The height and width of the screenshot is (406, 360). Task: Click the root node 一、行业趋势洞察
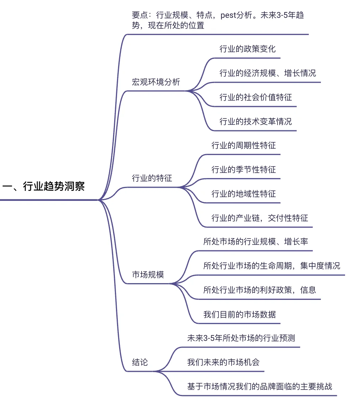[43, 186]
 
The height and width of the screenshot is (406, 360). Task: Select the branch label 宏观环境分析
[156, 82]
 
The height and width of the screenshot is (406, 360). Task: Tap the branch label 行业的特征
[152, 178]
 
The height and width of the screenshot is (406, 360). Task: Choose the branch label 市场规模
[148, 275]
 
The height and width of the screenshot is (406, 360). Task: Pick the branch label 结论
[140, 363]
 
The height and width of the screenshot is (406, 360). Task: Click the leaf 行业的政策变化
[247, 49]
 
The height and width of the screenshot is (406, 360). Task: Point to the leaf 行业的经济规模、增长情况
[268, 73]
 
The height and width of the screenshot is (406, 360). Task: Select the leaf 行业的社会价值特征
[255, 97]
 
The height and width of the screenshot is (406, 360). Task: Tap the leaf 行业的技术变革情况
[255, 121]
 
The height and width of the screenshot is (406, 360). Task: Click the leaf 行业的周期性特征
[243, 145]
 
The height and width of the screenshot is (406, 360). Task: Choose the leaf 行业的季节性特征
[243, 170]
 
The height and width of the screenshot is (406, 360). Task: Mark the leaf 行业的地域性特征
[243, 194]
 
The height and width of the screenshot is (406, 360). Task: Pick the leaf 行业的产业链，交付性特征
[260, 218]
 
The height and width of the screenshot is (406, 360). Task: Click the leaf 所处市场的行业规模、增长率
[255, 242]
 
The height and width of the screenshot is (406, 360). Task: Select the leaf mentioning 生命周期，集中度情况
[271, 266]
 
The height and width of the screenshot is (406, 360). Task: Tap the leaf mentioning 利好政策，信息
[260, 290]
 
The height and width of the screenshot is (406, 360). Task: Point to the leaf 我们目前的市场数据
[239, 314]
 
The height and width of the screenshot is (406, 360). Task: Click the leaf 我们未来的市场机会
[223, 363]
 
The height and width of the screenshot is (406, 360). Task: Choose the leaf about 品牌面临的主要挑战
[260, 386]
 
